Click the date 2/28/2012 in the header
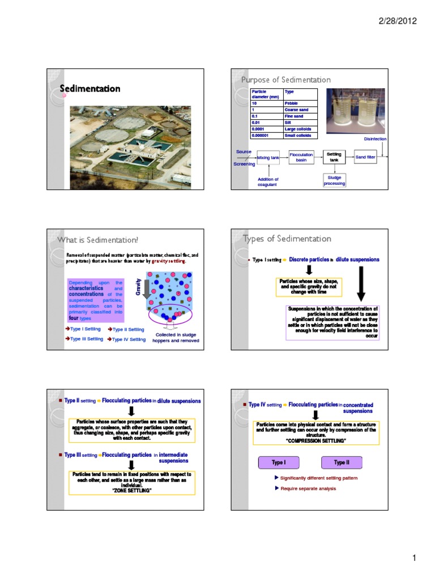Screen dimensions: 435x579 tap(397, 21)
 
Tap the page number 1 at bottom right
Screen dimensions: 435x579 tap(414, 559)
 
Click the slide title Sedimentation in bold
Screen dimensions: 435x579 tap(91, 89)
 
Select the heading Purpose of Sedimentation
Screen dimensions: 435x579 tap(286, 80)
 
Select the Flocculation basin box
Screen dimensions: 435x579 tap(301, 157)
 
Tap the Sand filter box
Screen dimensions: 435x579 tap(365, 157)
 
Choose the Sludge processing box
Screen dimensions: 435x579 tap(334, 180)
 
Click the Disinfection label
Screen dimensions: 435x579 tap(376, 139)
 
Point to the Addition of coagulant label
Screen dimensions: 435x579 tap(265, 182)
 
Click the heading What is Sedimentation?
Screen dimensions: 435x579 tap(98, 241)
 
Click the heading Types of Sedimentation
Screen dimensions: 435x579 tap(287, 239)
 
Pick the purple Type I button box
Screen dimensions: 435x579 tap(278, 463)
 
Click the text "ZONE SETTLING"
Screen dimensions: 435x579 tap(131, 490)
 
